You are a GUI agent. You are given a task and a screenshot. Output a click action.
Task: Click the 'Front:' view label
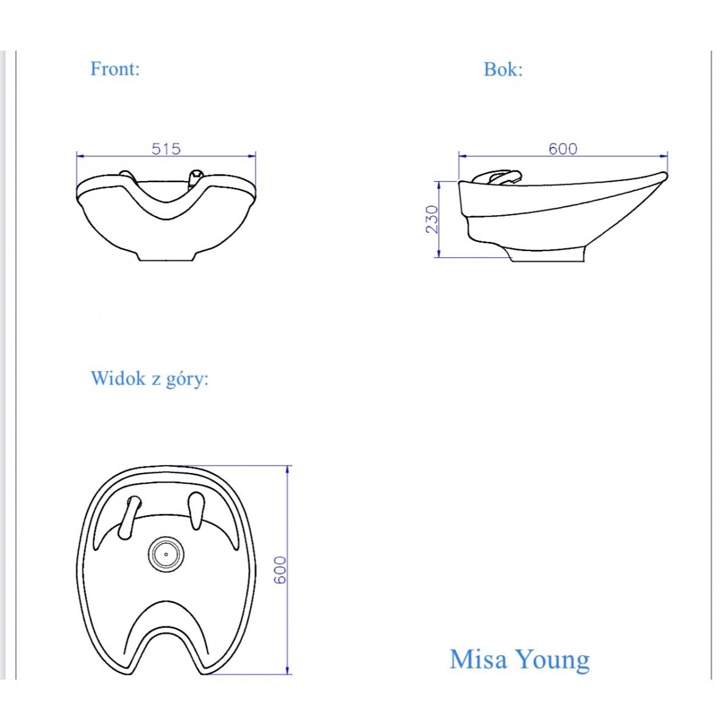pos(115,69)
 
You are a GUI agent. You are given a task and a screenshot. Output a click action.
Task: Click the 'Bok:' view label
pos(503,69)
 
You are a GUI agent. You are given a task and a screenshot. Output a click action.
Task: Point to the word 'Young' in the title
pos(552,661)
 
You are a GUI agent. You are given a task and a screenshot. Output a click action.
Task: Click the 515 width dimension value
pos(166,149)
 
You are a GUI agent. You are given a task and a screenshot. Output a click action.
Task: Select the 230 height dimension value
pos(431,219)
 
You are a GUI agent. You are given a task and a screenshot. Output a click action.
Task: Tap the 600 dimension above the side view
pos(563,149)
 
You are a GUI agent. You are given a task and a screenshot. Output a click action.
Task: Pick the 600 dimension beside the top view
pos(280,570)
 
